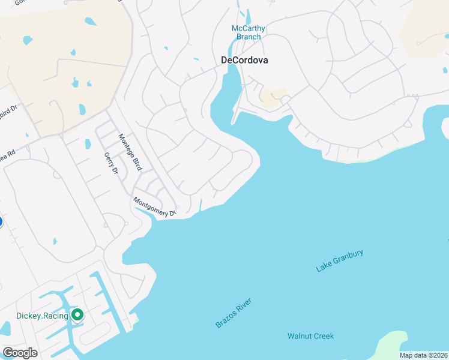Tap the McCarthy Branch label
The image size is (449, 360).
(x=248, y=32)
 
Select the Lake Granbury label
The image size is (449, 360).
(x=340, y=261)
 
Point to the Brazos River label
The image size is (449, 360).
(x=233, y=313)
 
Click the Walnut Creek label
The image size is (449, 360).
(x=310, y=336)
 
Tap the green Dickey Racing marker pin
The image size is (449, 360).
(x=77, y=314)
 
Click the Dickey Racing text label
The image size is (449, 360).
(x=42, y=316)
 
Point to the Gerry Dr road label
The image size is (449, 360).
(x=112, y=163)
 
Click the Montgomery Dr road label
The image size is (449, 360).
(x=154, y=207)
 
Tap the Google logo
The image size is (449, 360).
(x=20, y=353)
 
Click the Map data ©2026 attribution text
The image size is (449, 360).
(x=423, y=355)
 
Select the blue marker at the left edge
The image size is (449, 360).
(x=1, y=222)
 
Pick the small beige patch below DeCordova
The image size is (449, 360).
(x=274, y=98)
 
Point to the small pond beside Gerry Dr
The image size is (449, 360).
(x=88, y=144)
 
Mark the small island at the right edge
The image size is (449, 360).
(x=445, y=127)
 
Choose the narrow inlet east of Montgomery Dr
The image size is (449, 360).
(x=201, y=204)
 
